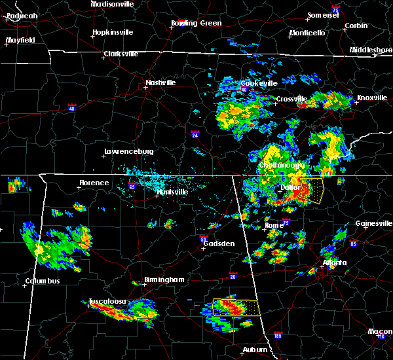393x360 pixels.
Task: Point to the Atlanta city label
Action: pyautogui.click(x=335, y=263)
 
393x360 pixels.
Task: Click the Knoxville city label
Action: pyautogui.click(x=371, y=98)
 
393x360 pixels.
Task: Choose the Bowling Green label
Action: pyautogui.click(x=196, y=23)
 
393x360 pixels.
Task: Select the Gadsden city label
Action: pyautogui.click(x=219, y=243)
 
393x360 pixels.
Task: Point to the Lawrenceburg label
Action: pyautogui.click(x=128, y=152)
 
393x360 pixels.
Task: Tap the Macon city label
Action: pyautogui.click(x=380, y=331)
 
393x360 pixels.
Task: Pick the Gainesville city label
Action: pyautogui.click(x=373, y=223)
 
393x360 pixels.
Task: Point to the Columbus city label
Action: pyautogui.click(x=43, y=281)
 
